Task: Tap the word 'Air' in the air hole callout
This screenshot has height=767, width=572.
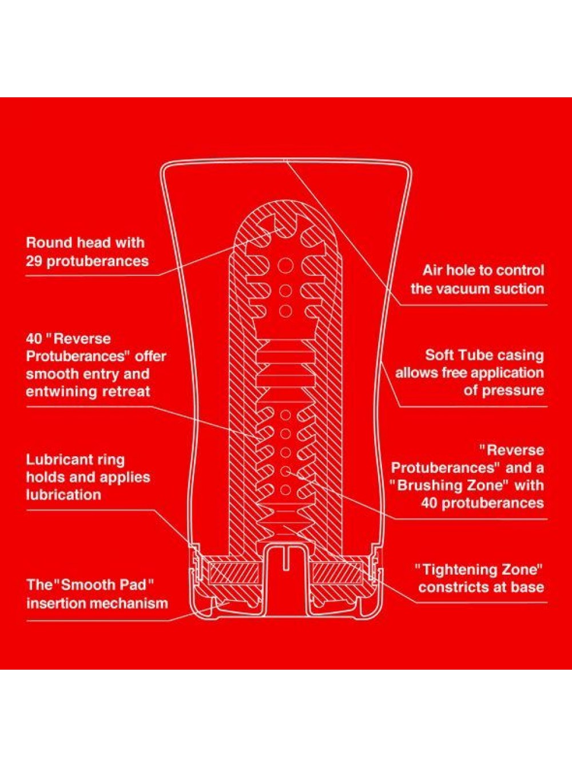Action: click(432, 270)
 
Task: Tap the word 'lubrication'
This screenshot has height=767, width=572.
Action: click(63, 495)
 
